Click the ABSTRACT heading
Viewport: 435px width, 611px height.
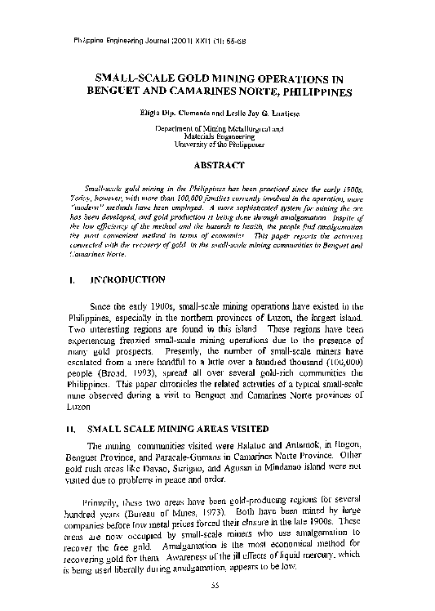[x=219, y=165]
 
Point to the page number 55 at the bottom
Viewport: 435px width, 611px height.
[x=216, y=585]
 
